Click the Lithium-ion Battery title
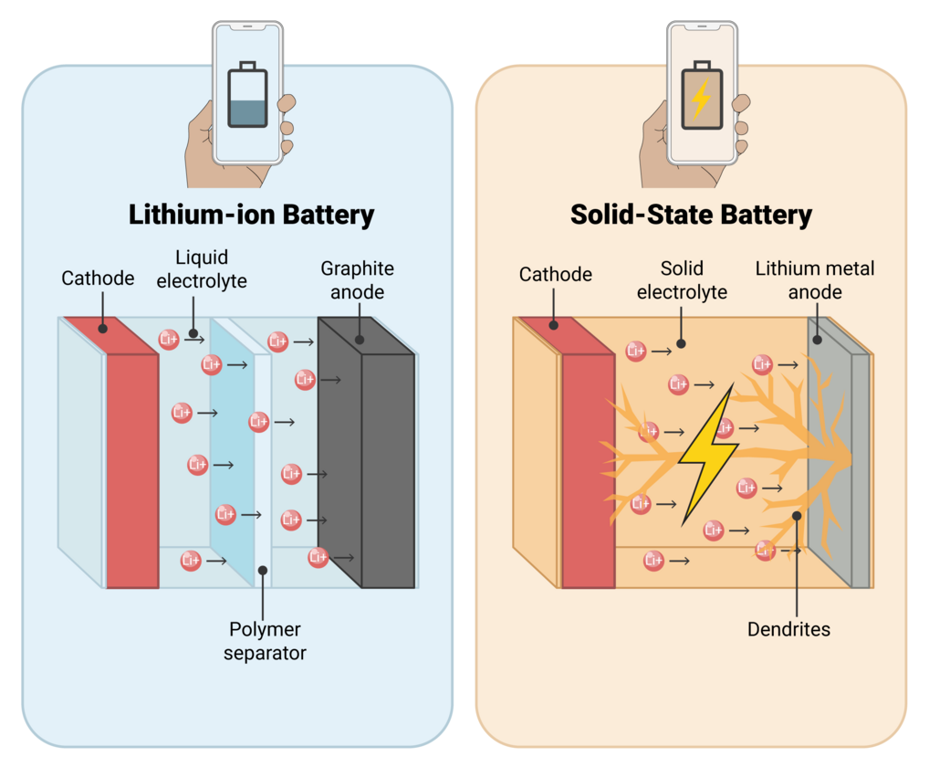(x=251, y=215)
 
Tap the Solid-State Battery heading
(x=691, y=215)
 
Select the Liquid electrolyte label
(x=202, y=269)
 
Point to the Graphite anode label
(x=357, y=280)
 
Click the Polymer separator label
(x=266, y=641)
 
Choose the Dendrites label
(x=788, y=629)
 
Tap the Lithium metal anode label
(x=814, y=280)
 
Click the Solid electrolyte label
(x=682, y=280)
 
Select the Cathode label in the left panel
(x=98, y=277)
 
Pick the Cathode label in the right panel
(x=556, y=274)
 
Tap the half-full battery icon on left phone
(x=247, y=95)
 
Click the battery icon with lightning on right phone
(x=700, y=95)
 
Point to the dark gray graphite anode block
(x=388, y=466)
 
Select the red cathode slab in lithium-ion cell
(x=132, y=466)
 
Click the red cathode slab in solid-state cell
(x=588, y=466)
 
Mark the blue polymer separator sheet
(x=233, y=447)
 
